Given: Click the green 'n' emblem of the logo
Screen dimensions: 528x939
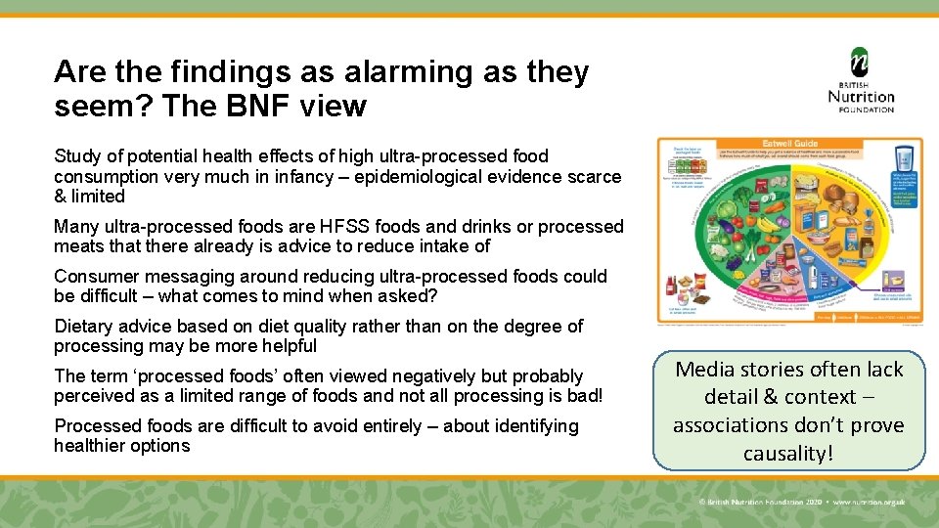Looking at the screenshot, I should click(860, 64).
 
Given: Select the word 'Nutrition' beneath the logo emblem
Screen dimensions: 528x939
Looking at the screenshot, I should click(861, 96).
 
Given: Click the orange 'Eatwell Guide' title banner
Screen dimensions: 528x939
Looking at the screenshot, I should click(790, 144).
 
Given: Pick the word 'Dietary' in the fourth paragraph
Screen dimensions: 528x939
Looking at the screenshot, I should click(84, 326).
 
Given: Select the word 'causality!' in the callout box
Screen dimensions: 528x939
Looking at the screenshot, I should click(788, 453).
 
